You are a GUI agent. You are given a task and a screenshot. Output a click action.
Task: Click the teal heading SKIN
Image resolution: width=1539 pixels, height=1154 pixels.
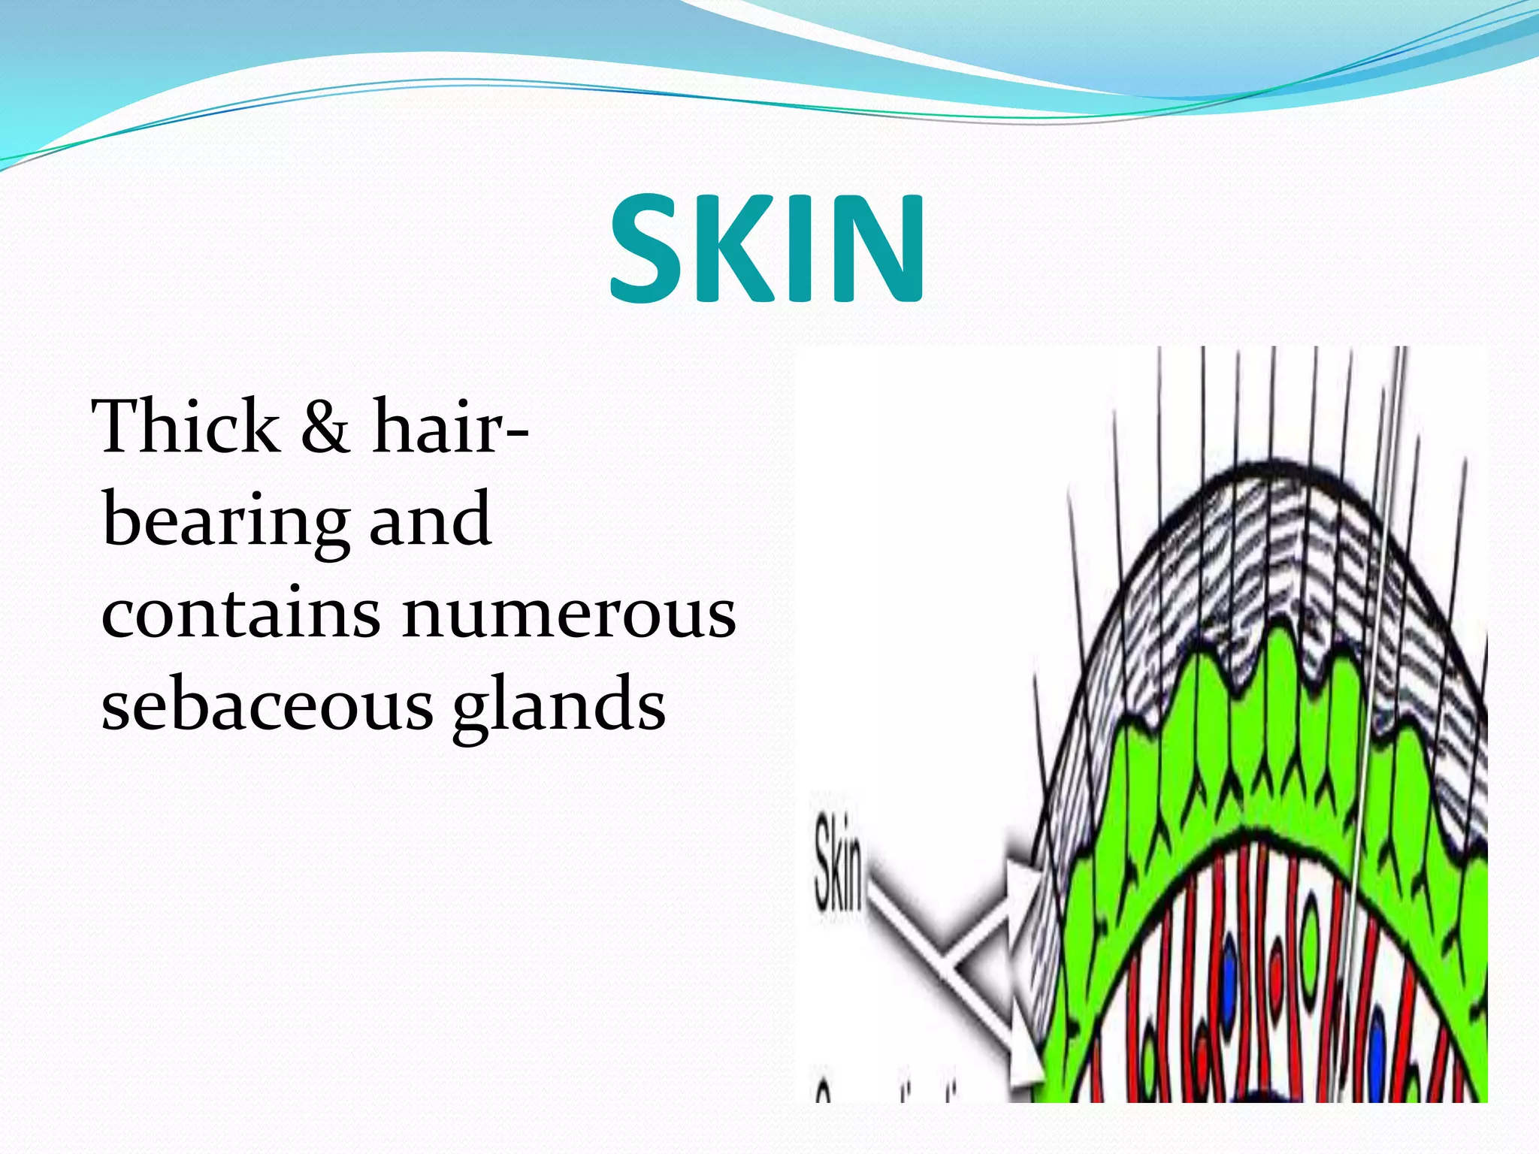point(766,248)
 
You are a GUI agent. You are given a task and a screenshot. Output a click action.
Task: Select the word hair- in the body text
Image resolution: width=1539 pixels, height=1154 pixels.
point(451,426)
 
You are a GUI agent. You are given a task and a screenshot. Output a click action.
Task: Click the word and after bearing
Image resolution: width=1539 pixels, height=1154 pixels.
point(430,518)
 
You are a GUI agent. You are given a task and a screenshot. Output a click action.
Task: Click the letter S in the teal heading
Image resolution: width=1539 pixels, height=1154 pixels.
point(650,248)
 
